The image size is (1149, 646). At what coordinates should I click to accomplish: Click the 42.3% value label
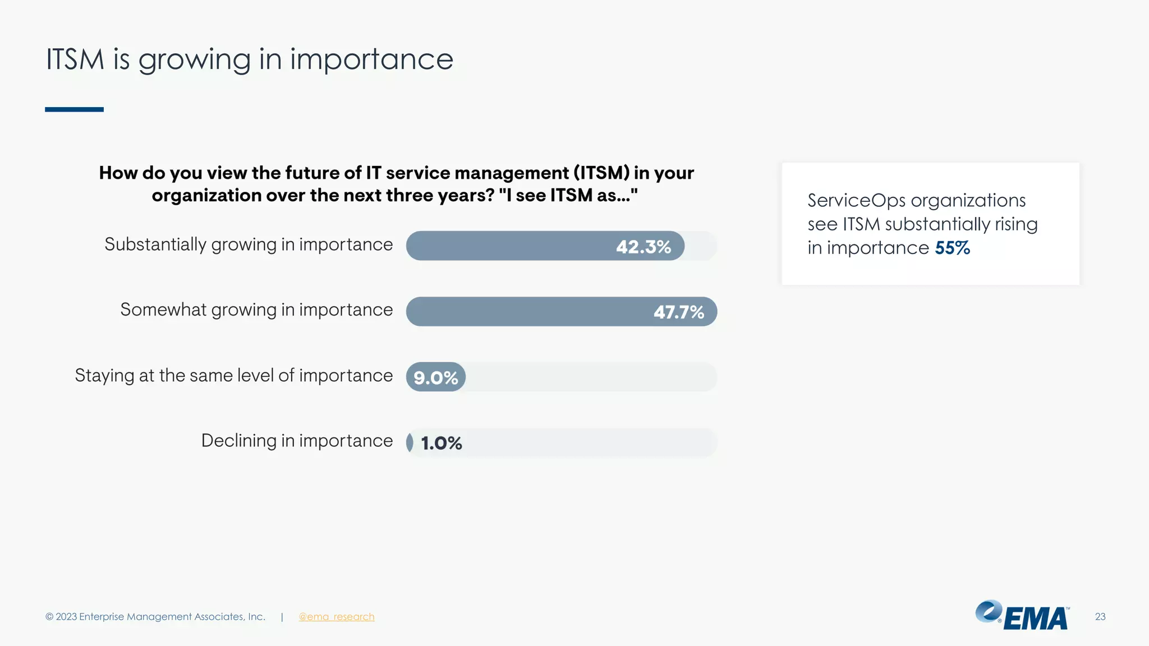point(643,247)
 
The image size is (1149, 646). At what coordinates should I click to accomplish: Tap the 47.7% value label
point(678,312)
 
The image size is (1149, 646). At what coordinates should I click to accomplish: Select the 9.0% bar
point(435,377)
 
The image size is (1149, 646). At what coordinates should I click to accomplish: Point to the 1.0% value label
point(442,443)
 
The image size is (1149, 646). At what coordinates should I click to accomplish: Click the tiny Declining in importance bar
point(410,442)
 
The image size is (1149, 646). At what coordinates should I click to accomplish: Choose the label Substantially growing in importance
point(249,244)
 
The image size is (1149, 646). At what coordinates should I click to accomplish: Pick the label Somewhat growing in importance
point(256,310)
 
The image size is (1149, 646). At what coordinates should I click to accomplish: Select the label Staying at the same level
point(234,375)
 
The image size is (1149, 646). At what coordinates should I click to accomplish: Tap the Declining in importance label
point(297,441)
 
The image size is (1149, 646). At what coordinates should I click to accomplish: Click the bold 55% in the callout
point(952,248)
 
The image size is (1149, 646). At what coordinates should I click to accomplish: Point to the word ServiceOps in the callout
point(856,200)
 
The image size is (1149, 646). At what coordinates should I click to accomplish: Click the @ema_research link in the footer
point(336,617)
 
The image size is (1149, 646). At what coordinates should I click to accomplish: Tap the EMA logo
point(1022,616)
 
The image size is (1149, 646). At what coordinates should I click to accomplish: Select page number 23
point(1100,617)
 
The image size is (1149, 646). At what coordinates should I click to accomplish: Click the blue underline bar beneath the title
point(74,109)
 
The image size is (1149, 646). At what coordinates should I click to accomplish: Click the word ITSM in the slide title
point(75,59)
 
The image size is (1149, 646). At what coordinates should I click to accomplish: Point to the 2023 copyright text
point(155,617)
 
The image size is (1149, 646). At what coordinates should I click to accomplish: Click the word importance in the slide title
point(371,59)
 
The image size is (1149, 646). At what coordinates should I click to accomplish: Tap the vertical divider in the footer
point(282,617)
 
